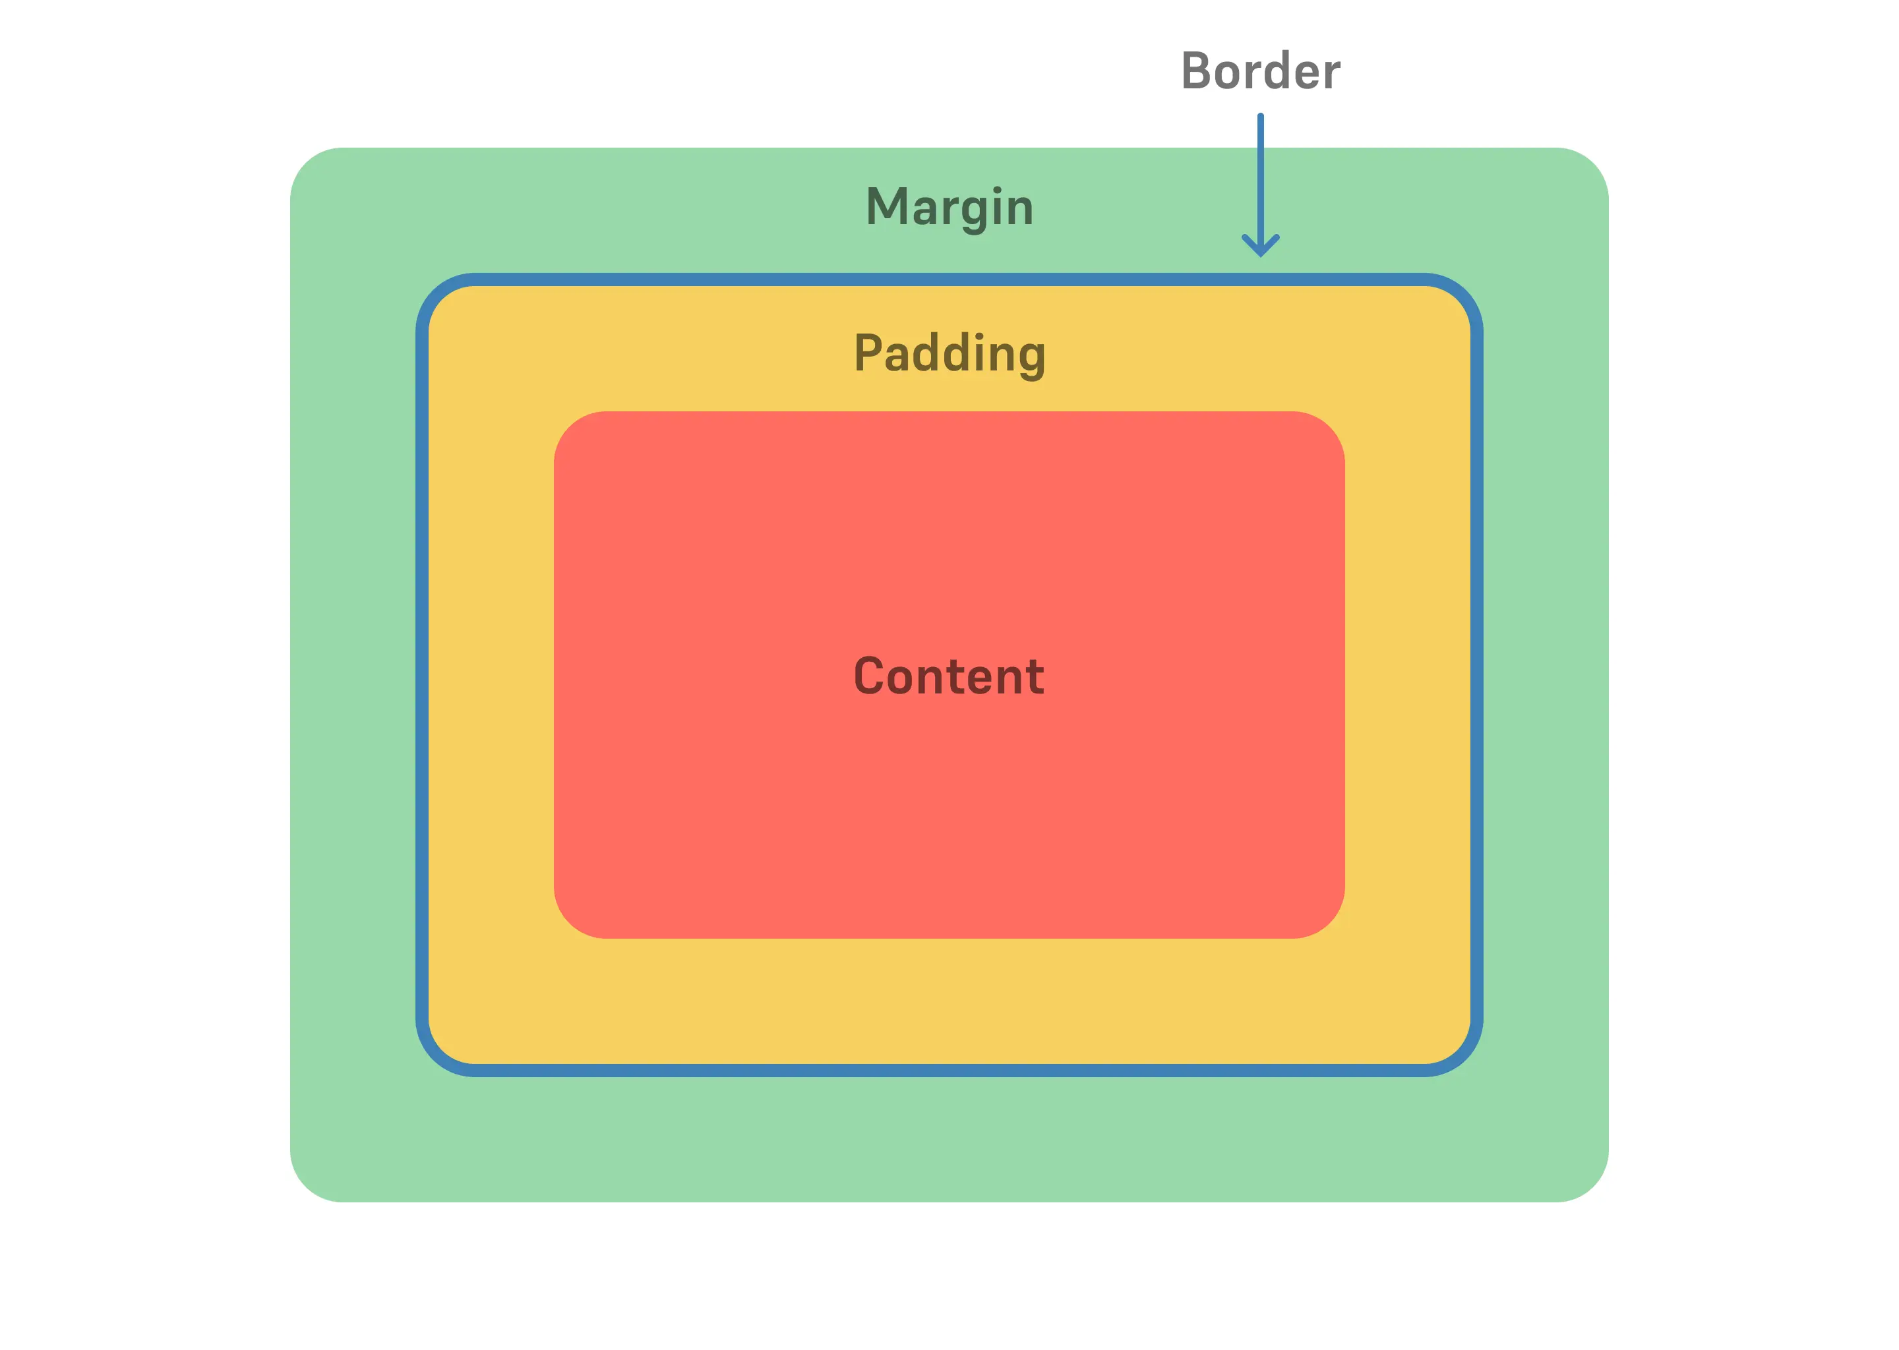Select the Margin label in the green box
click(950, 207)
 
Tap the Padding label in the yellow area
click(950, 354)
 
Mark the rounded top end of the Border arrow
click(1261, 117)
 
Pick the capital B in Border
click(1197, 71)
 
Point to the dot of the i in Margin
click(998, 191)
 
